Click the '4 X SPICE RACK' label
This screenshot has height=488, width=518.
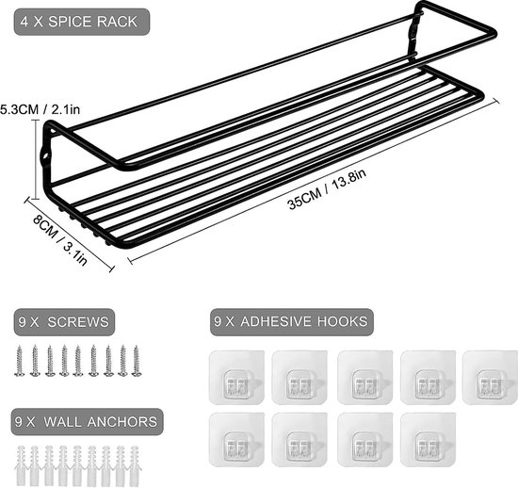78,22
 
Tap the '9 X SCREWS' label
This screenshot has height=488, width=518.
64,322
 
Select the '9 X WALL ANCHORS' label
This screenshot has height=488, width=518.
87,422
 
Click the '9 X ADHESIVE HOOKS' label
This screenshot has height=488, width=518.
291,321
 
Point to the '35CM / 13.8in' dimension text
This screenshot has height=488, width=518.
327,189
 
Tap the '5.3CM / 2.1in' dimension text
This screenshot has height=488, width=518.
40,109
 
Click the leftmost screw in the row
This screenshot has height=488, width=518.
19,361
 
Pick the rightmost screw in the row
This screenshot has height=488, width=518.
137,361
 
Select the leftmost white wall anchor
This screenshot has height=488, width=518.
21,465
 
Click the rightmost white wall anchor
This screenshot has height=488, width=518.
135,465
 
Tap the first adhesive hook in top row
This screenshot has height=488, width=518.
236,378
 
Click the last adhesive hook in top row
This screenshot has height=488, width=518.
491,378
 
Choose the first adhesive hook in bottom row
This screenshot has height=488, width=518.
236,439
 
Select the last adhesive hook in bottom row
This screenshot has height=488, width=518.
429,439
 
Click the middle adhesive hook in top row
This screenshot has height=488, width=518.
365,378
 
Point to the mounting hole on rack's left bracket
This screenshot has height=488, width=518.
45,155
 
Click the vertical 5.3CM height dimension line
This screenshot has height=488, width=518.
36,159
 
